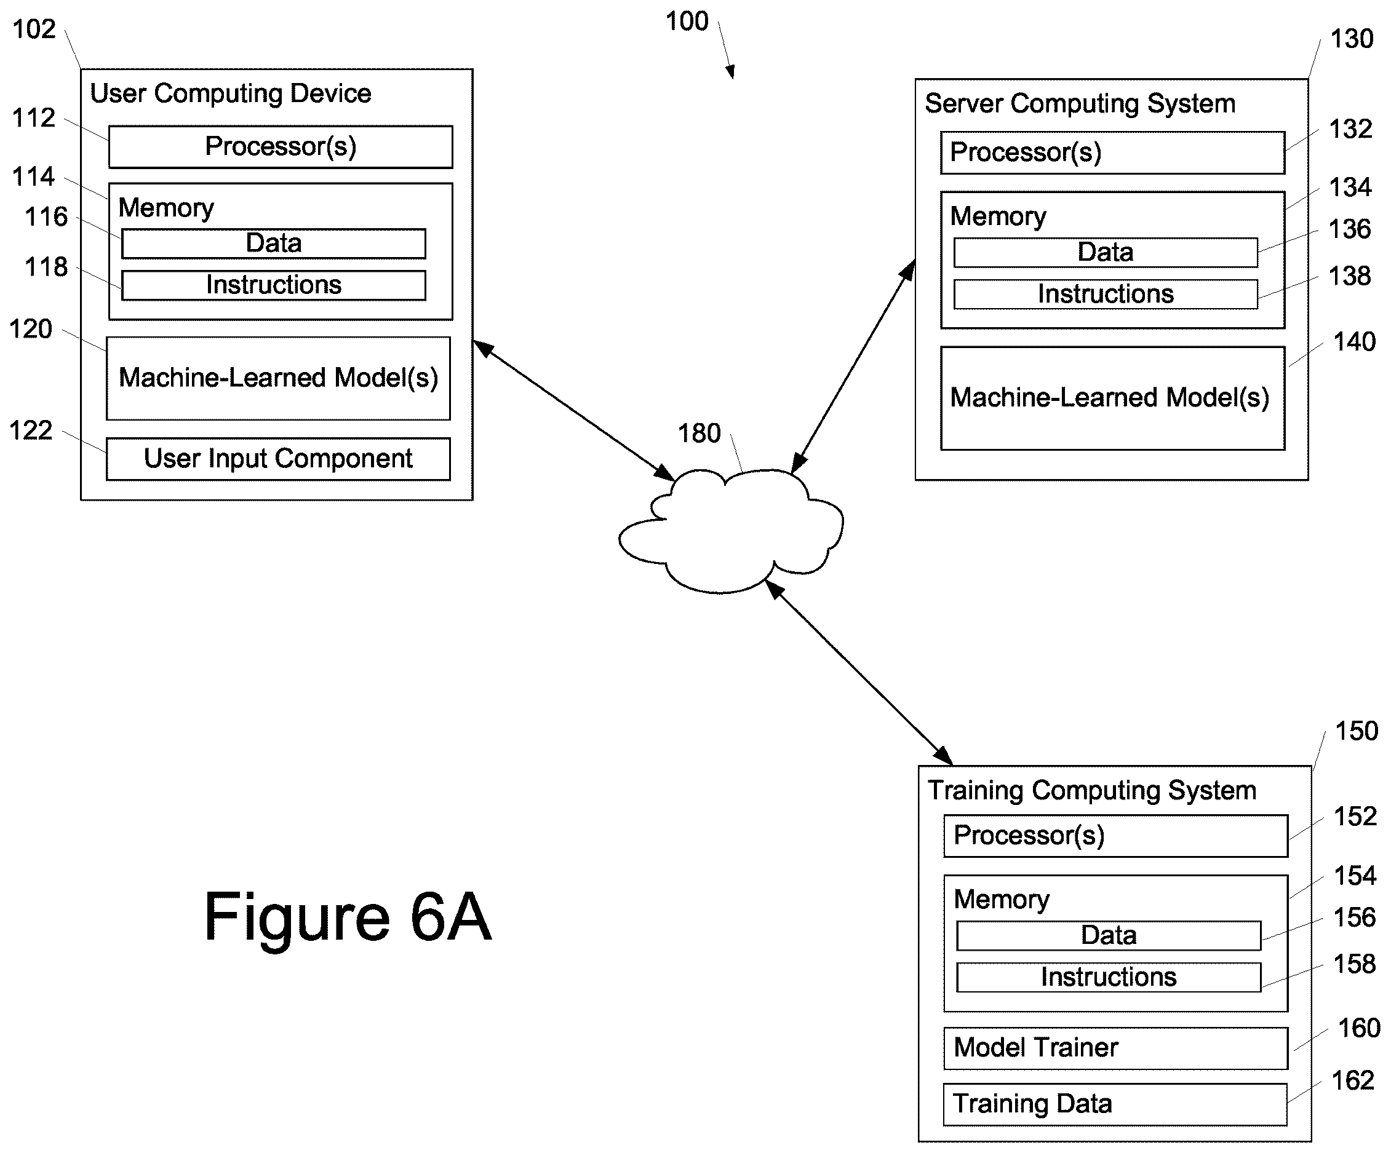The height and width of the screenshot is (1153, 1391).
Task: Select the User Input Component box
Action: coord(278,459)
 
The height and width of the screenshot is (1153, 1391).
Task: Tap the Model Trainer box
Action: coord(1115,1048)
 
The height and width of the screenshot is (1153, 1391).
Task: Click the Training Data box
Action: coord(1115,1104)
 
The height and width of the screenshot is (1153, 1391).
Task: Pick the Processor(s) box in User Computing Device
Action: coord(281,146)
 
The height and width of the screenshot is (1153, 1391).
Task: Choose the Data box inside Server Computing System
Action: coord(1106,252)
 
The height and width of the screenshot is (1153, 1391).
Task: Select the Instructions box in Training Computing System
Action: coord(1109,977)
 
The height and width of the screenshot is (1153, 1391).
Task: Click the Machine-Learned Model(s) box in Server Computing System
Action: coord(1113,398)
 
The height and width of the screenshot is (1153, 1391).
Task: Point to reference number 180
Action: coord(699,434)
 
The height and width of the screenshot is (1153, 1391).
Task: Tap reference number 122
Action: coord(31,430)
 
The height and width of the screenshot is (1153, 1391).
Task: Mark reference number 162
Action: coord(1353,1081)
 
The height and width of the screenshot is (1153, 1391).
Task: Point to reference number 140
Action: coord(1355,342)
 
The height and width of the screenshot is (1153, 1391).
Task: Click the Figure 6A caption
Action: coord(348,917)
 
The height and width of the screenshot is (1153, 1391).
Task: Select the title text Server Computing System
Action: coord(1080,103)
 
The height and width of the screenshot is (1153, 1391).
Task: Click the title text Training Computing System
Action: coord(1091,790)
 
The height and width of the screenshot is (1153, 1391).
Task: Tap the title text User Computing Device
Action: coord(231,93)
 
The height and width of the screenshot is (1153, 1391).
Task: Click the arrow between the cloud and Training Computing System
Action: coord(858,672)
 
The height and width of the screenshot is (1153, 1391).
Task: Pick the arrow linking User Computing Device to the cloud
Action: coord(573,410)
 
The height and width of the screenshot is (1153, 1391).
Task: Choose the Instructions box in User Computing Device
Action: coord(274,285)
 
